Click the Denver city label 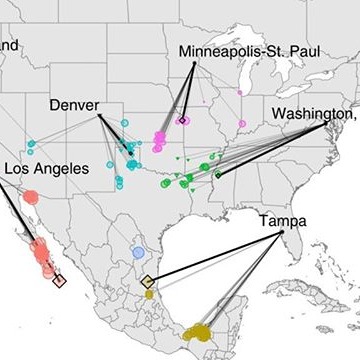click(74, 105)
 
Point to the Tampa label click(282, 219)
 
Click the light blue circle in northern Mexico click(139, 253)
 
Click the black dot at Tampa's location click(282, 232)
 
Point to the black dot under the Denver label click(99, 117)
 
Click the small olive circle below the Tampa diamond click(149, 294)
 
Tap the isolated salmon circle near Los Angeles click(31, 197)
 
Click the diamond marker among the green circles click(218, 174)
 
